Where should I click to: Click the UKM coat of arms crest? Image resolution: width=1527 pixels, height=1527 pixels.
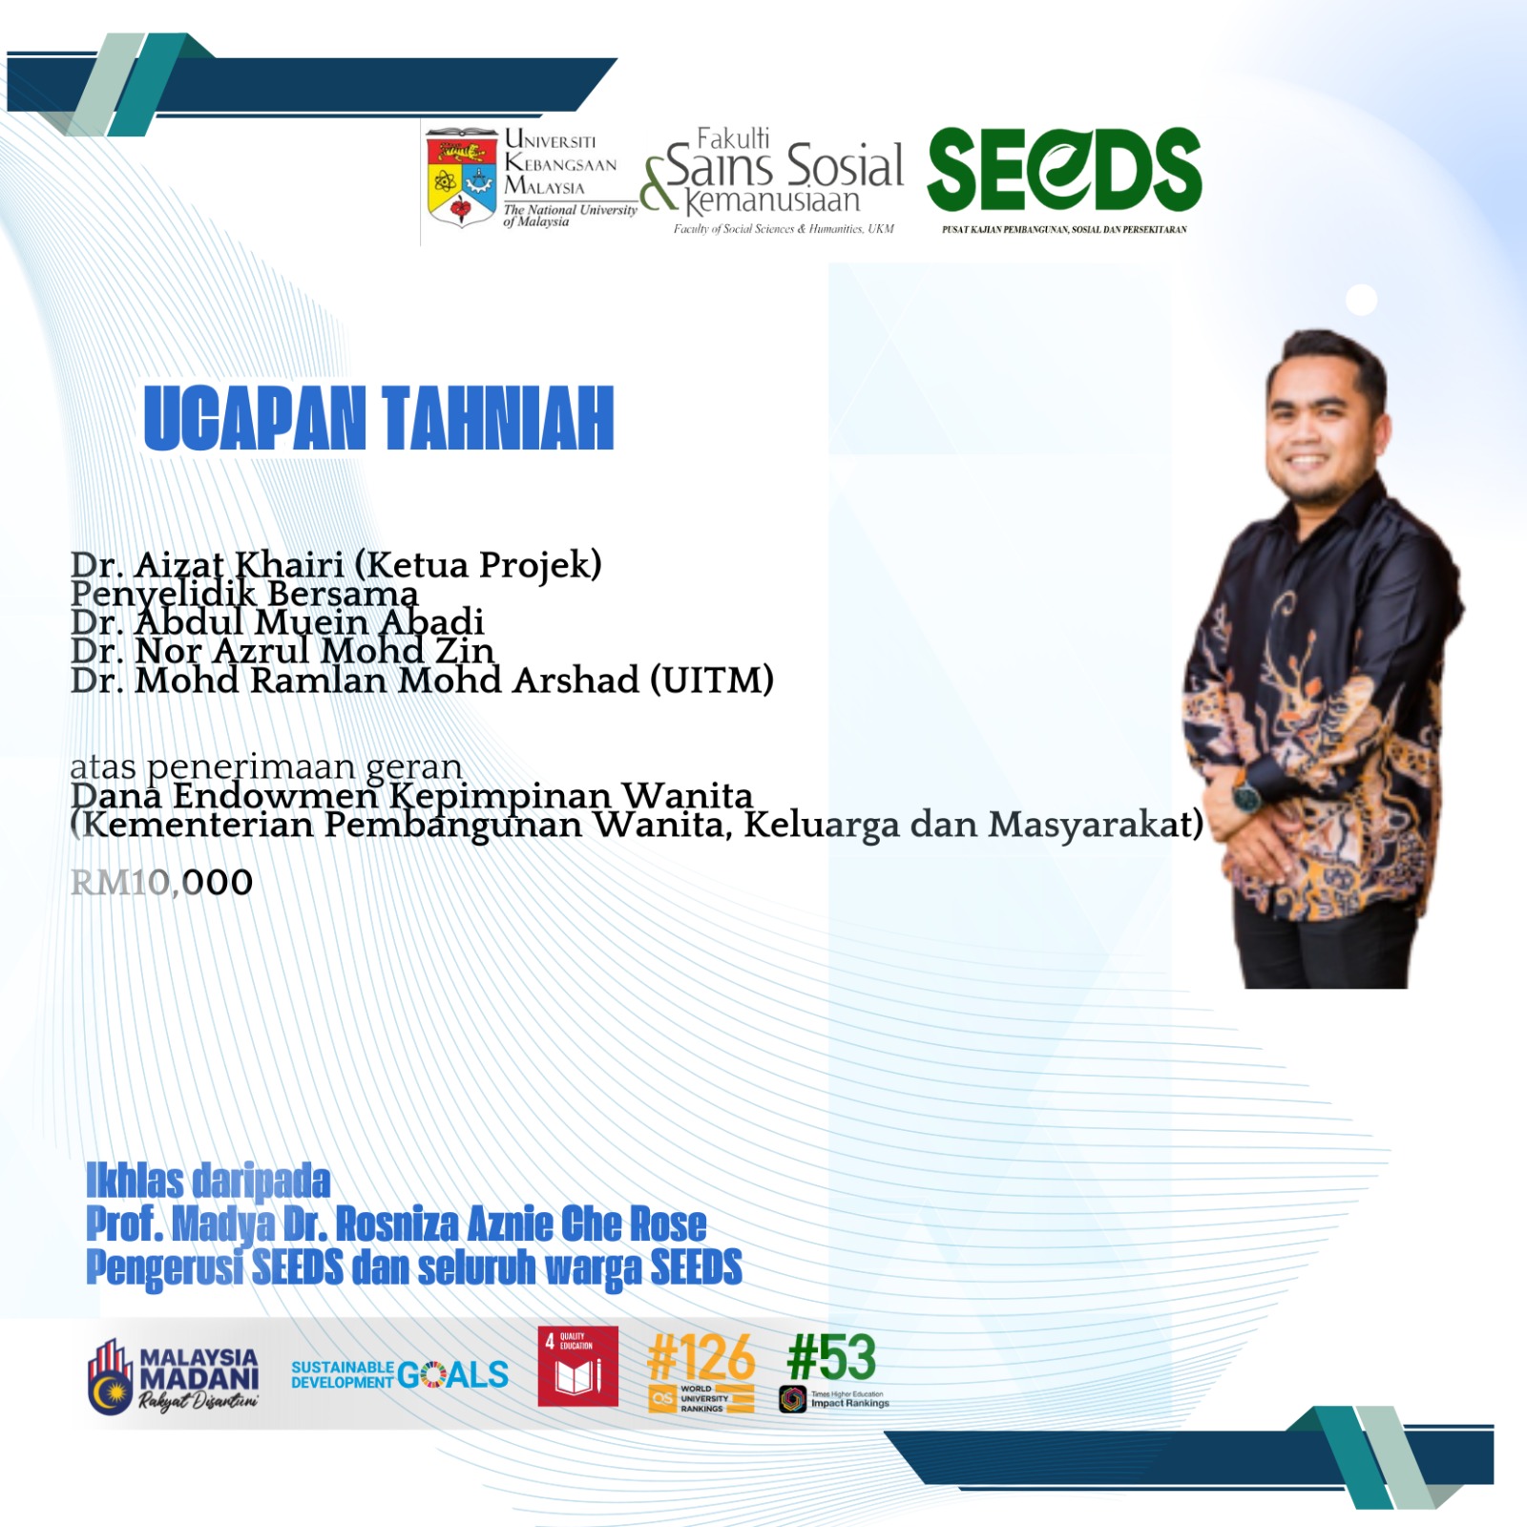click(x=462, y=178)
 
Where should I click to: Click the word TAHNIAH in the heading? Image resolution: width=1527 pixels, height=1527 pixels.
click(x=498, y=418)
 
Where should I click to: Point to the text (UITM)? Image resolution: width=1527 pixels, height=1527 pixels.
click(x=712, y=680)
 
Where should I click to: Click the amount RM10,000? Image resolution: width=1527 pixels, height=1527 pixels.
click(x=162, y=883)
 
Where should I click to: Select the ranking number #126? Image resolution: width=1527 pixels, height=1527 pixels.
click(x=701, y=1357)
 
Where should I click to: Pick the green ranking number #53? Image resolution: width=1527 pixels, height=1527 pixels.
click(x=831, y=1356)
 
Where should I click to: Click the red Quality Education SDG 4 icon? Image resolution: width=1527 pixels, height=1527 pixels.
click(x=578, y=1367)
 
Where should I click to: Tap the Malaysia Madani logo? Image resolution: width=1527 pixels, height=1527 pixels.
click(x=173, y=1375)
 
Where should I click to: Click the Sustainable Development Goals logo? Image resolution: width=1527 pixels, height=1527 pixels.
click(x=400, y=1374)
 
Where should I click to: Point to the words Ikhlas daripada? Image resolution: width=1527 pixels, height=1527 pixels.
click(x=208, y=1181)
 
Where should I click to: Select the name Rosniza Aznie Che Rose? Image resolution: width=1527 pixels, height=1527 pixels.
click(x=521, y=1224)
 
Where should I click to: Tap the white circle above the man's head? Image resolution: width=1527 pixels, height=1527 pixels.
click(x=1362, y=300)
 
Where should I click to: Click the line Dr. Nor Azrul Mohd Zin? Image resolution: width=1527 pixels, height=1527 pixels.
click(x=282, y=651)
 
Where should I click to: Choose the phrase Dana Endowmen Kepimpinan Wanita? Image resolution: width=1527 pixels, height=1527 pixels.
click(x=411, y=795)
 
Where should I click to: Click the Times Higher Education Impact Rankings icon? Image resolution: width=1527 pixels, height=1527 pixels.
click(x=793, y=1399)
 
